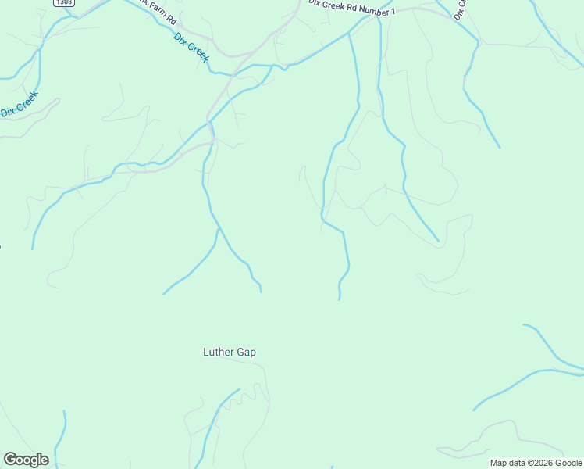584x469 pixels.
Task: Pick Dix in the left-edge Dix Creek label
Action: [x=8, y=113]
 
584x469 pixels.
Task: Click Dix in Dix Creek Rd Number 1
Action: [x=315, y=4]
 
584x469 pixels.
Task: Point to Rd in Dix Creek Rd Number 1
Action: [x=354, y=9]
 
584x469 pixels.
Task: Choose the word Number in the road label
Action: [x=376, y=10]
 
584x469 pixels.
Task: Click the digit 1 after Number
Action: [x=394, y=12]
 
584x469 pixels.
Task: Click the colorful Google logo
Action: [x=26, y=460]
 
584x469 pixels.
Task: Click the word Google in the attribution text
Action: [x=569, y=463]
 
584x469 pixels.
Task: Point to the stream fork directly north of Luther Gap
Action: [x=216, y=230]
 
